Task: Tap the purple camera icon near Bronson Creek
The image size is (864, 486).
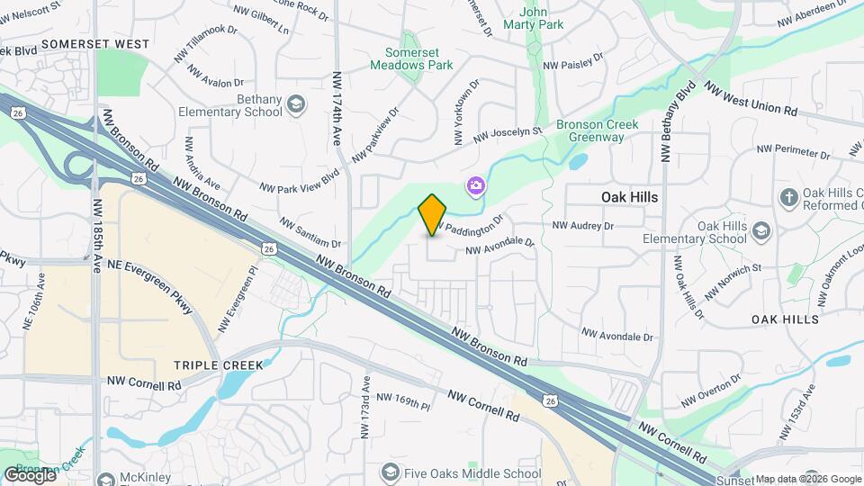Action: tap(474, 186)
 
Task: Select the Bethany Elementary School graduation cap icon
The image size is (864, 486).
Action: tap(295, 106)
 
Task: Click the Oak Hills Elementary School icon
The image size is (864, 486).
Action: tap(761, 231)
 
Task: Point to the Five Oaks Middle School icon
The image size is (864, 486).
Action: tap(390, 472)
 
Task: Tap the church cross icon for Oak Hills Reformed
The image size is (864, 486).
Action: tap(788, 198)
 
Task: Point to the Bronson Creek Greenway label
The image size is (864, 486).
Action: tap(597, 130)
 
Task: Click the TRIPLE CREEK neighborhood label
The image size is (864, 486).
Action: tap(219, 365)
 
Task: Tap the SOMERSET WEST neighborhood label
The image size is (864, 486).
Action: tap(95, 43)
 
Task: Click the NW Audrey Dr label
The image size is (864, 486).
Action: tap(582, 225)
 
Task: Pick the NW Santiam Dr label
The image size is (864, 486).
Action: tap(310, 232)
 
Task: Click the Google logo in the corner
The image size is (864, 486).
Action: tap(30, 474)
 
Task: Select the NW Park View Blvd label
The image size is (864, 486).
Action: tap(299, 181)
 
